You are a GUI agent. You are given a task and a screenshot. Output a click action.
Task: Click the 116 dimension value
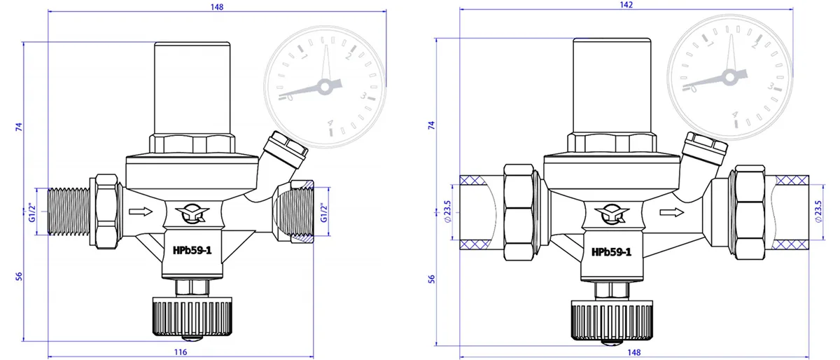181,352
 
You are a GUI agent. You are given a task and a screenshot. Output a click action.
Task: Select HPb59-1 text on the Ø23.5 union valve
611,251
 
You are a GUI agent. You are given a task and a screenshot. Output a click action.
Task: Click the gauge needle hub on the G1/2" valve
324,87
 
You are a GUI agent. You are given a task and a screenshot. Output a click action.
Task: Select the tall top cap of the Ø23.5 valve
601,84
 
